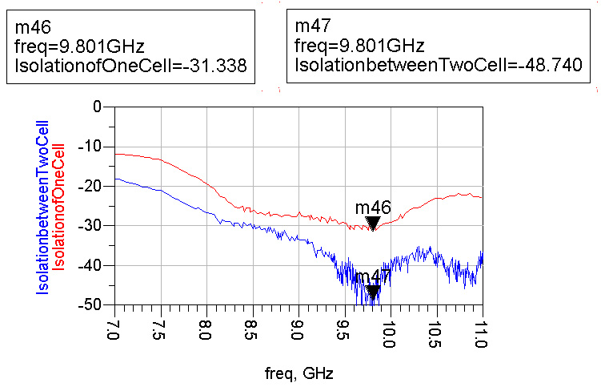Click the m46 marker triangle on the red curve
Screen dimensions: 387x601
click(372, 224)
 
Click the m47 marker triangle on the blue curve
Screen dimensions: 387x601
click(372, 293)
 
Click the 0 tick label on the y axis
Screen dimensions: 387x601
click(100, 107)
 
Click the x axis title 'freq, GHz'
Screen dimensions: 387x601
click(298, 373)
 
